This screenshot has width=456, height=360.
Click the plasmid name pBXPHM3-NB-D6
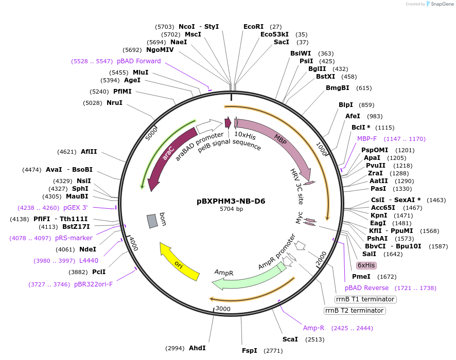231,201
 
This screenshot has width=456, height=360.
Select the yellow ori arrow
179,262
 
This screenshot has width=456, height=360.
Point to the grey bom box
152,221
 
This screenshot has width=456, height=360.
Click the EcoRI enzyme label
253,27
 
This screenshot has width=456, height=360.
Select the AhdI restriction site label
197,348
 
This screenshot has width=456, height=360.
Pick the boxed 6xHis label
366,265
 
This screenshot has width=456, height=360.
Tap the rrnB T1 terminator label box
365,299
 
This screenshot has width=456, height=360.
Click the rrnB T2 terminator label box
355,311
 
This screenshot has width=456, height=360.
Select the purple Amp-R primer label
313,328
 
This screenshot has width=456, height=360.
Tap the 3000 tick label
223,309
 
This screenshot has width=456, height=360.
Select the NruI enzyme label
114,103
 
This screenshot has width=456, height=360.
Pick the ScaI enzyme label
290,339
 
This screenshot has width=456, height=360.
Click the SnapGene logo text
441,4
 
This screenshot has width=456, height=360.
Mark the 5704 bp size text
231,209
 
